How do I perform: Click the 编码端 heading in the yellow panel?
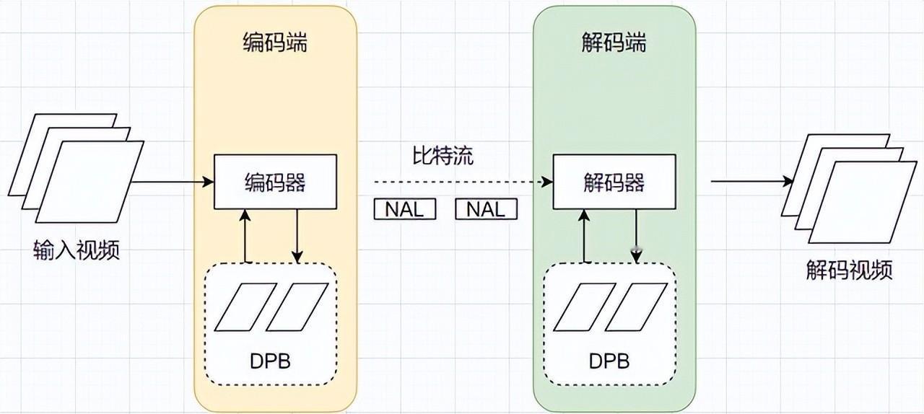(x=275, y=43)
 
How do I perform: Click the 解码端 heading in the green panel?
(x=614, y=43)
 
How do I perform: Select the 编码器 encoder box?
(x=275, y=182)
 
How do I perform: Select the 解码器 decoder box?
(x=614, y=182)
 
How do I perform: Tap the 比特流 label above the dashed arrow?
(x=443, y=156)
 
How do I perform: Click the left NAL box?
(x=405, y=209)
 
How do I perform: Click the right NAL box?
(x=486, y=209)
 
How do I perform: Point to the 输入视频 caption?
(x=77, y=250)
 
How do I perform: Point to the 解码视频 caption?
(x=850, y=270)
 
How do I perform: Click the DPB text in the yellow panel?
(x=270, y=361)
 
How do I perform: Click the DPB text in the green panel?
(x=609, y=361)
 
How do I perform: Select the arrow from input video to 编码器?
(x=173, y=182)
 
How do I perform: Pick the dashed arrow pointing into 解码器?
(x=463, y=182)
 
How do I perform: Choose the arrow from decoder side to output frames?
(x=752, y=181)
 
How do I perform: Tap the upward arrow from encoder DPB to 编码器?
(x=245, y=236)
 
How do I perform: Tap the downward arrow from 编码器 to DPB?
(x=297, y=236)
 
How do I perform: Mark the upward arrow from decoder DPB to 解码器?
(x=584, y=236)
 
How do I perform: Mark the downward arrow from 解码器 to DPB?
(x=636, y=236)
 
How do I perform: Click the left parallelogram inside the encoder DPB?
(x=245, y=307)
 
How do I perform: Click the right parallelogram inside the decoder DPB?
(x=636, y=307)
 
